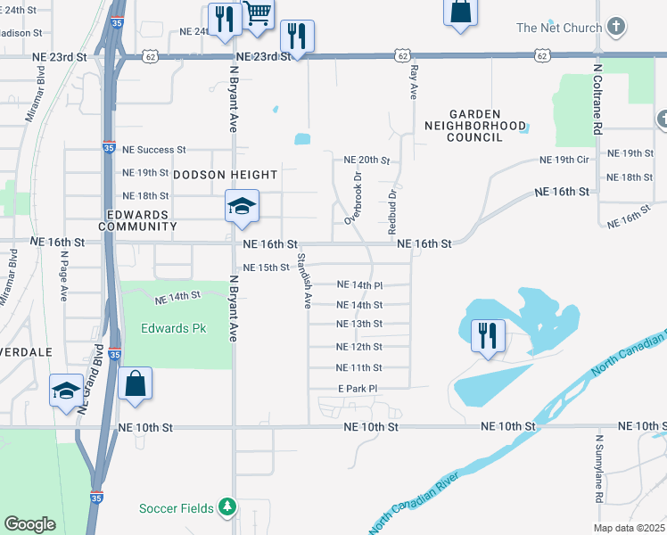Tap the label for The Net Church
point(559,28)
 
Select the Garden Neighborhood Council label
point(475,126)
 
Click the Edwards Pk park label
point(173,328)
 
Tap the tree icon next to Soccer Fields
point(228,507)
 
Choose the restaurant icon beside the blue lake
point(488,335)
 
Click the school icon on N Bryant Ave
point(242,206)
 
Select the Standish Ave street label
point(303,281)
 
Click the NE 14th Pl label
point(359,285)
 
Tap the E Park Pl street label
point(358,389)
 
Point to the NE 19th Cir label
point(565,160)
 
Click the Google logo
point(29,523)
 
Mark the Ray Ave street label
point(413,82)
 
